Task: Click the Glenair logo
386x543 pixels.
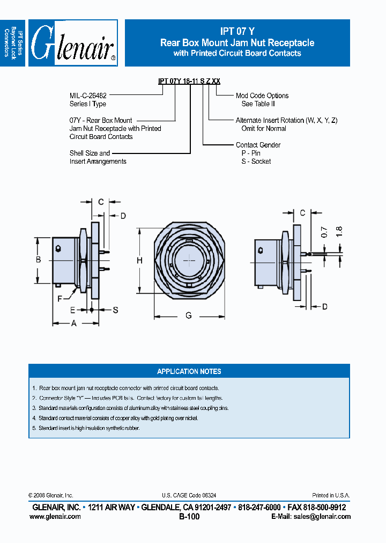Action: [x=73, y=43]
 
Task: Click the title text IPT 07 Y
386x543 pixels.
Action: [x=237, y=32]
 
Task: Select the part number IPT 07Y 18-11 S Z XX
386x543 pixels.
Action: [x=189, y=81]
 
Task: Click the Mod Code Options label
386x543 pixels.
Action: [x=262, y=96]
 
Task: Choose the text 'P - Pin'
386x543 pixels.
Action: [x=251, y=153]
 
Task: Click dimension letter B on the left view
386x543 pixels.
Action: [x=39, y=260]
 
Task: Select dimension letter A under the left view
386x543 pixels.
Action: [x=74, y=323]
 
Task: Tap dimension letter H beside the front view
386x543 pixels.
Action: [x=139, y=260]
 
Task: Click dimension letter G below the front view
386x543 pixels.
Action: [x=189, y=316]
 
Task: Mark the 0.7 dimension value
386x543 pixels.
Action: [x=324, y=233]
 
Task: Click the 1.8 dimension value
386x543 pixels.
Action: [x=338, y=231]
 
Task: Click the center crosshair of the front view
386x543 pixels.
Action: [x=190, y=260]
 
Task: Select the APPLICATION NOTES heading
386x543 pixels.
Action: [x=189, y=371]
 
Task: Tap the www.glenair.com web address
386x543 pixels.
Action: [x=55, y=517]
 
